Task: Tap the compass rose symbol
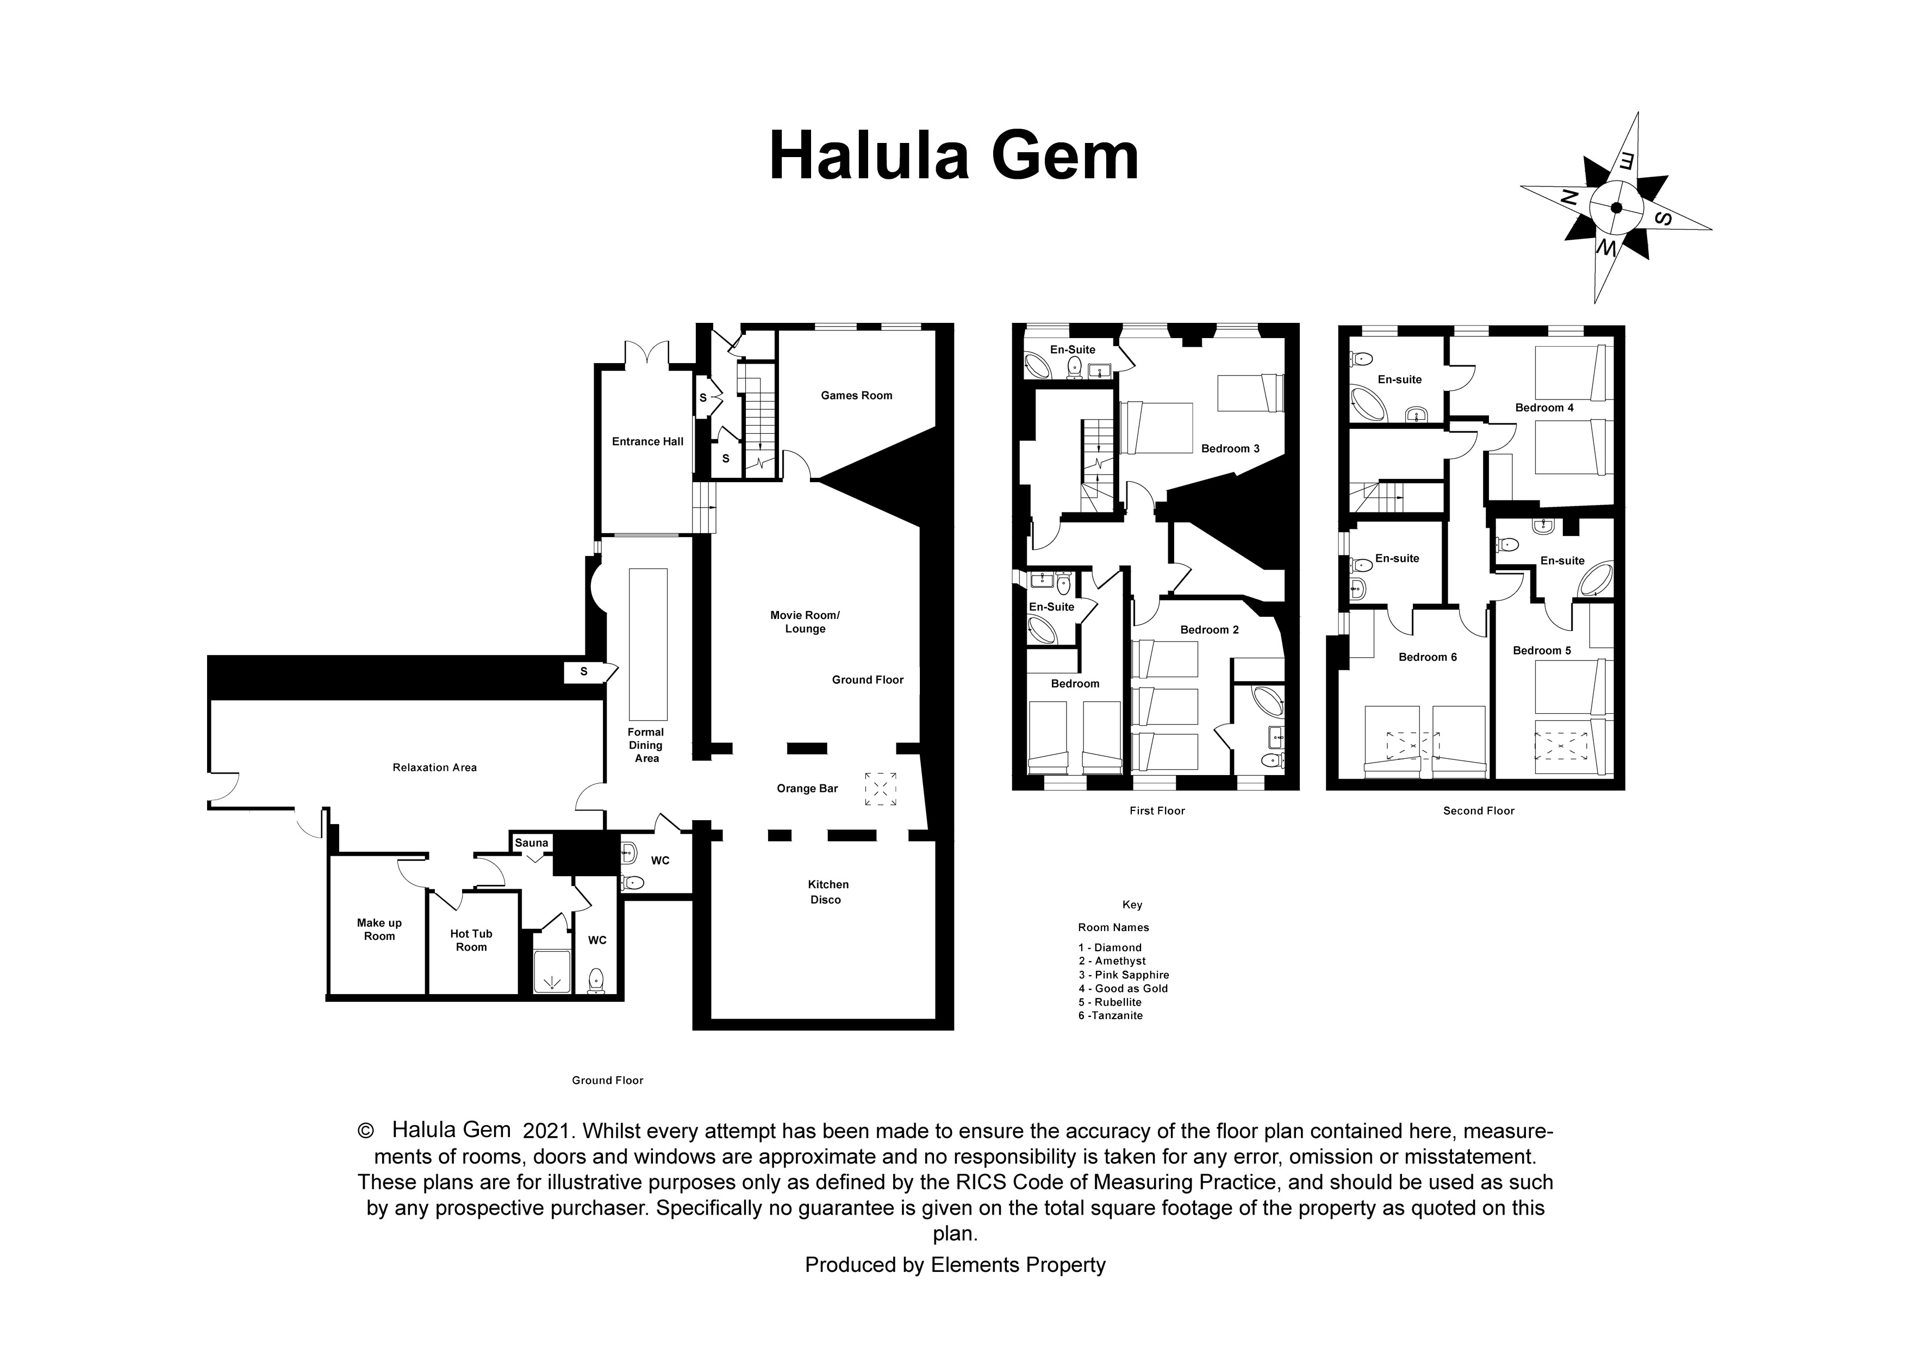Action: (x=1616, y=208)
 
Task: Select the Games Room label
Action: (x=856, y=395)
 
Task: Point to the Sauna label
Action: (x=532, y=842)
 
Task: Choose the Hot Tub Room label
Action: (x=471, y=940)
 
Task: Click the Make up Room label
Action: (x=379, y=929)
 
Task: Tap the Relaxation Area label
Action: (x=434, y=767)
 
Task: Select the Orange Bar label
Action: (x=807, y=788)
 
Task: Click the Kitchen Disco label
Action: (x=827, y=892)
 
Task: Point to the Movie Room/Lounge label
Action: (x=805, y=622)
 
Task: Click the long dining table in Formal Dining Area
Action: (x=648, y=644)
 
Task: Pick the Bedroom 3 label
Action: (x=1230, y=448)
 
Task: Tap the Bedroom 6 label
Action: (x=1428, y=657)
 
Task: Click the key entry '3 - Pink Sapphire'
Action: (x=1124, y=974)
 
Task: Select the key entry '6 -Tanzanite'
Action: (x=1111, y=1015)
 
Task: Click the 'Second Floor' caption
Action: (x=1479, y=810)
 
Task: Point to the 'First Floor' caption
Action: (x=1157, y=810)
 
